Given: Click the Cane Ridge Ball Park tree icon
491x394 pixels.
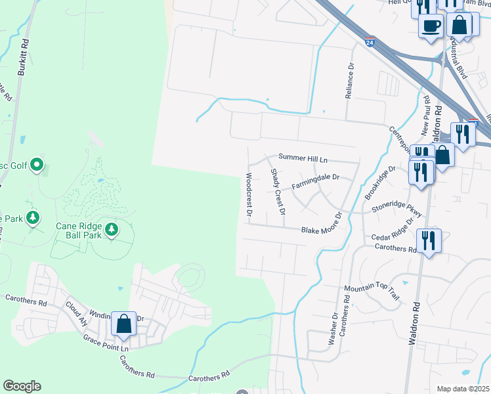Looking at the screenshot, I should coord(112,229).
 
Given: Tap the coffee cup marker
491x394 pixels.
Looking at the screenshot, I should coord(431,27).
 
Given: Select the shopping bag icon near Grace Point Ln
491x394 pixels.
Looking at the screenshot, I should coord(123,324).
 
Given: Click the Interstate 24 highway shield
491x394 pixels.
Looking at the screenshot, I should coord(370,41).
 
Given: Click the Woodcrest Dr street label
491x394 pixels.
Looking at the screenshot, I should coord(249,194).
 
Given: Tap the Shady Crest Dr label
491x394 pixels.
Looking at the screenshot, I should coord(278,192).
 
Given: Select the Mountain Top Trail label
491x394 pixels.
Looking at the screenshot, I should coord(372,293).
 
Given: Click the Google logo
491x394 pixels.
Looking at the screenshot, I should coord(22,386).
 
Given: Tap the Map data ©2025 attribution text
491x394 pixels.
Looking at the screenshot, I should coord(462,389).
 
